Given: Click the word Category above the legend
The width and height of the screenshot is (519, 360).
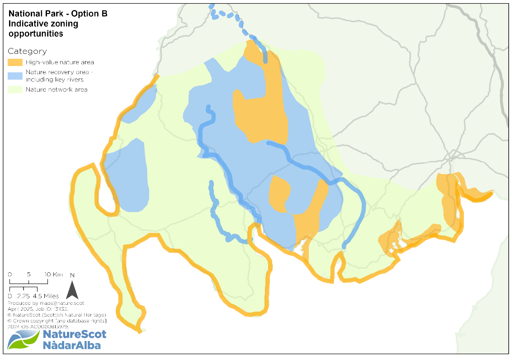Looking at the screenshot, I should [x=27, y=51].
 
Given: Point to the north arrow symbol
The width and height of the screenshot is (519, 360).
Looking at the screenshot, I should [x=72, y=290].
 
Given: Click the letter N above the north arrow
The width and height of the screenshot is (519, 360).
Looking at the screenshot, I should [x=72, y=275].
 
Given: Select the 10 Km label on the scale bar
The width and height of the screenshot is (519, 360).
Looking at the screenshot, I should [x=54, y=275].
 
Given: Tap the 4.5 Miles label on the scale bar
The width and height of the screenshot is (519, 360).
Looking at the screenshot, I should [x=45, y=296].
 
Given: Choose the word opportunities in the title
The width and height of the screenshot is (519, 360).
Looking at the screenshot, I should [x=36, y=34].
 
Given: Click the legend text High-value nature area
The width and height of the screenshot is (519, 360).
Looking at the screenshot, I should [x=60, y=62].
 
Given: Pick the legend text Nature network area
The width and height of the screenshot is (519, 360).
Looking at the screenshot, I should [x=57, y=90].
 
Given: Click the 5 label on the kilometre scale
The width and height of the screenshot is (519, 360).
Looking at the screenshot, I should [x=28, y=275].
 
